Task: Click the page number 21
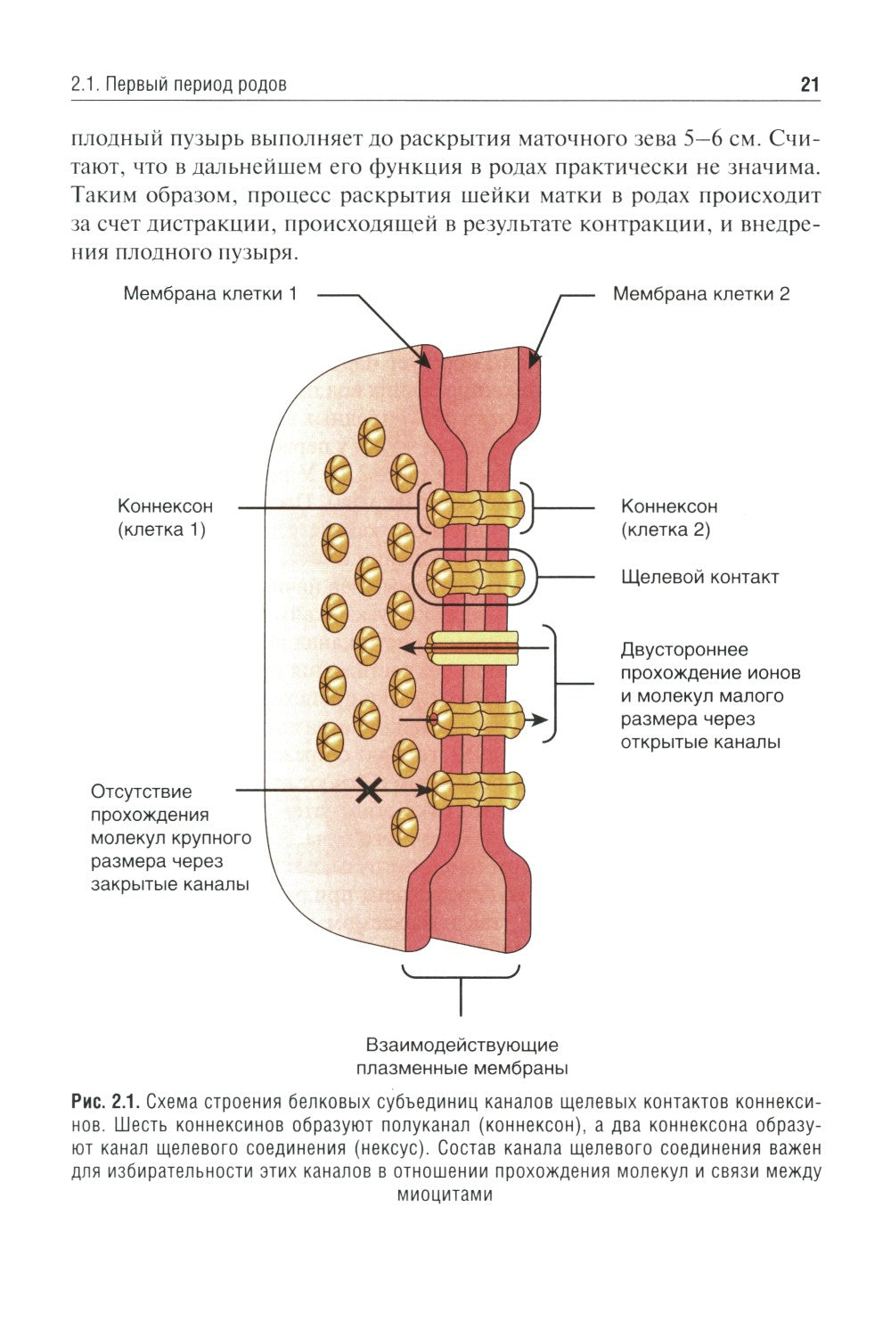pos(809,85)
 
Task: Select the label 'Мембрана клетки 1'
pos(210,293)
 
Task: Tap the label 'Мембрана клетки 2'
pos(700,293)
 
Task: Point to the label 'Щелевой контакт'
pos(699,577)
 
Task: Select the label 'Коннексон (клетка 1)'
pos(165,517)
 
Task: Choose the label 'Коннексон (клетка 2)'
pos(668,517)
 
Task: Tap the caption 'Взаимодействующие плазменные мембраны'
pos(462,1055)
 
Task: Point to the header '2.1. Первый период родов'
pos(178,86)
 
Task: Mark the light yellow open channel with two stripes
pos(473,648)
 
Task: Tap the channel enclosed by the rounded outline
pos(475,578)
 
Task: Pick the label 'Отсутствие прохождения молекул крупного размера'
pos(169,838)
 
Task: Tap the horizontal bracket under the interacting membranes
pos(461,974)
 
